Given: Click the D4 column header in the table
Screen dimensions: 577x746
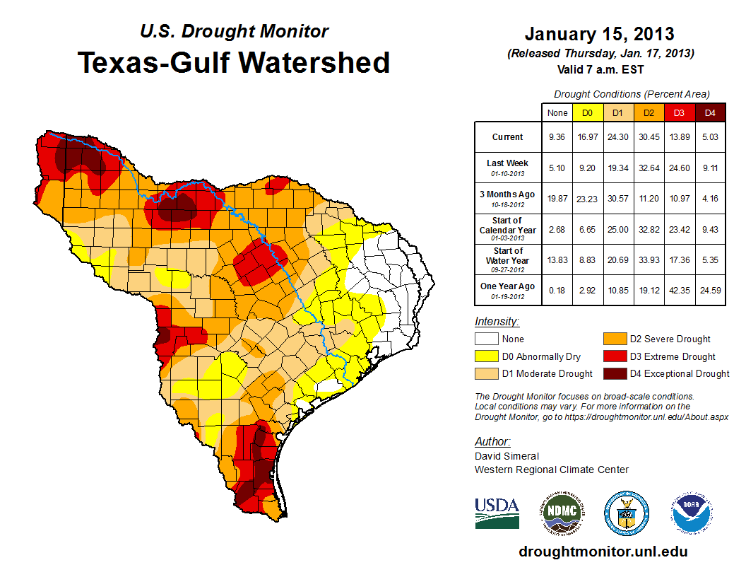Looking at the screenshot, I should click(710, 112).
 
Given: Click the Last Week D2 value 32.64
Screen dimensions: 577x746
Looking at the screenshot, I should click(649, 168).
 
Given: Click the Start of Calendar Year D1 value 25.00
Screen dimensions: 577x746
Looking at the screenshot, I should click(618, 228).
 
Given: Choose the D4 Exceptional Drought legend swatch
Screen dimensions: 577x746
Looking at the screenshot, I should click(613, 373).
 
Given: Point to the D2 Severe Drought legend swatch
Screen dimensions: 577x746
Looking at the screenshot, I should click(613, 339).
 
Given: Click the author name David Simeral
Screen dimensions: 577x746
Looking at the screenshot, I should click(507, 456).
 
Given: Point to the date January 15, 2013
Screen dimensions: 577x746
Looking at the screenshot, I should click(599, 34).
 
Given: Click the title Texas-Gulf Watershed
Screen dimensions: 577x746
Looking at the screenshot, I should click(234, 63).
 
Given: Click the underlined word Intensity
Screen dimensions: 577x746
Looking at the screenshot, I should click(497, 322).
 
